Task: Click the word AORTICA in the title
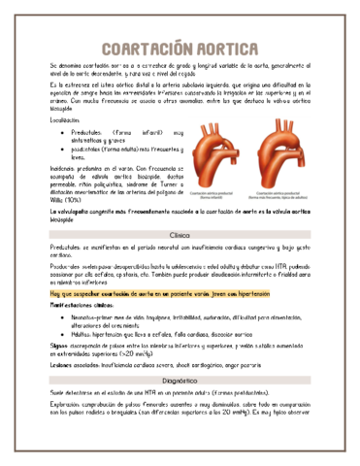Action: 223,48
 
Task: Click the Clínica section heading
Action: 180,236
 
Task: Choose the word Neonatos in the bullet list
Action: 85,316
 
